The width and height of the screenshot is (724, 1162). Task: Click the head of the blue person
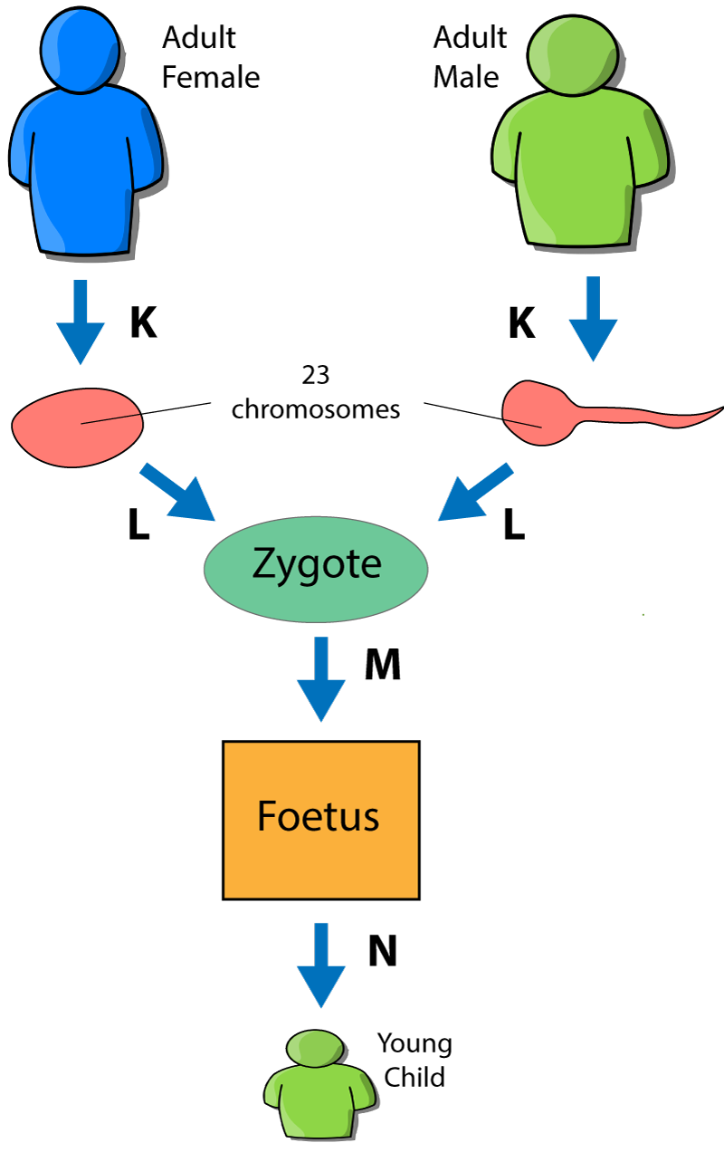pos(80,51)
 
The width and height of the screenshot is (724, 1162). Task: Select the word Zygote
pos(317,564)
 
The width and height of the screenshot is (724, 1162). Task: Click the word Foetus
pos(318,816)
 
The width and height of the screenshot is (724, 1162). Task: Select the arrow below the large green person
pos(593,322)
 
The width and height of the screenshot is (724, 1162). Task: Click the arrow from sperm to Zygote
pos(474,495)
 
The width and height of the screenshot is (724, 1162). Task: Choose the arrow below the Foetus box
pos(321,965)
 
